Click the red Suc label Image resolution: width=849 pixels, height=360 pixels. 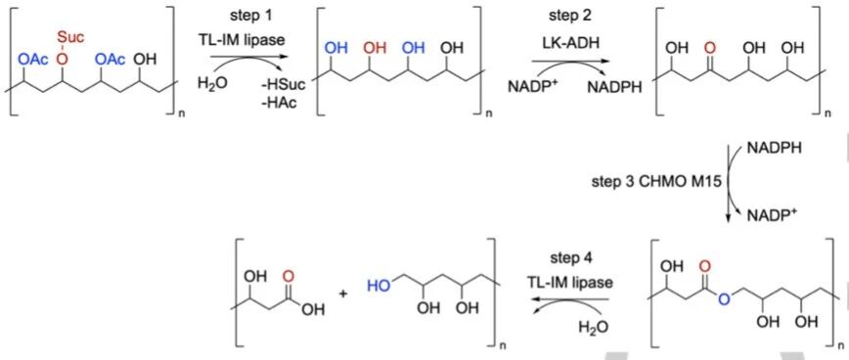point(71,38)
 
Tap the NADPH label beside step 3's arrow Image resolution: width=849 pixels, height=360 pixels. point(773,147)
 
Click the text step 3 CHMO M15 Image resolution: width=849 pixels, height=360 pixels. point(655,182)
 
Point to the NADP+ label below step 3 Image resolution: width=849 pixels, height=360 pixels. point(771,215)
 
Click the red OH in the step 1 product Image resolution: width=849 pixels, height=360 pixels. point(375,49)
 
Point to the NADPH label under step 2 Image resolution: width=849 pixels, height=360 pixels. point(612,87)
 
